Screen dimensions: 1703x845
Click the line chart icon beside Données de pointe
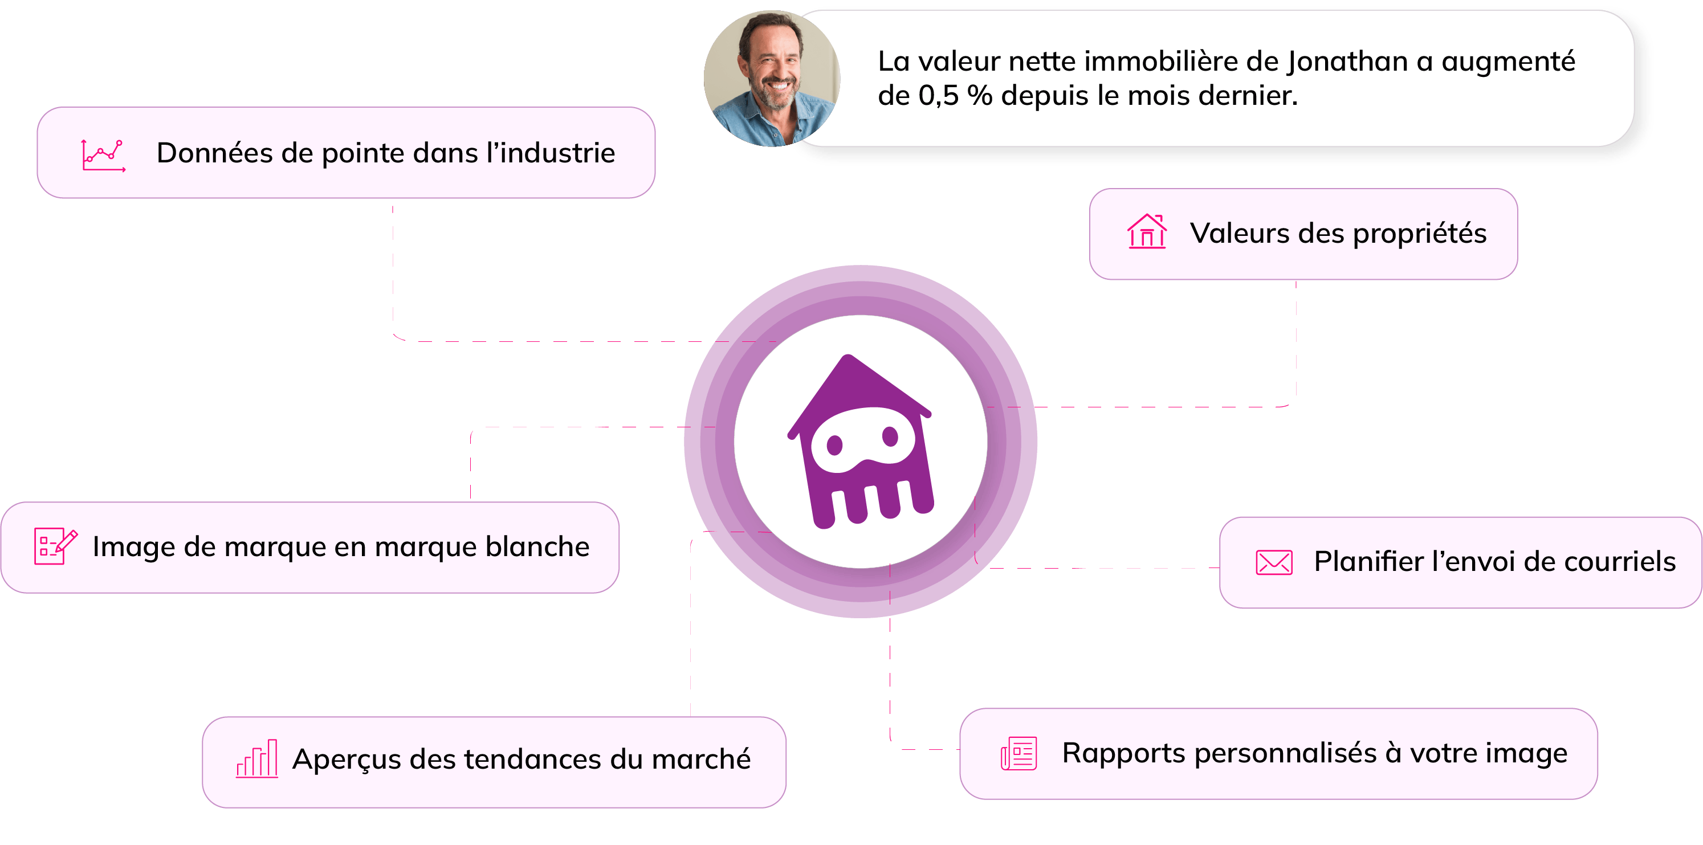pos(103,155)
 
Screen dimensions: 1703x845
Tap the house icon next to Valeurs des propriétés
pos(1147,232)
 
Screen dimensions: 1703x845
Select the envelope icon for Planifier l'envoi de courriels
pos(1274,562)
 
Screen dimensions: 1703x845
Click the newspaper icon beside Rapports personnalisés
pos(1018,753)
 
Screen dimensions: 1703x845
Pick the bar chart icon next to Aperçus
pos(257,758)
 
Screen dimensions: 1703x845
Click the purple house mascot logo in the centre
pos(860,442)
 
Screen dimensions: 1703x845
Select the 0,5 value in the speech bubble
pos(939,96)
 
